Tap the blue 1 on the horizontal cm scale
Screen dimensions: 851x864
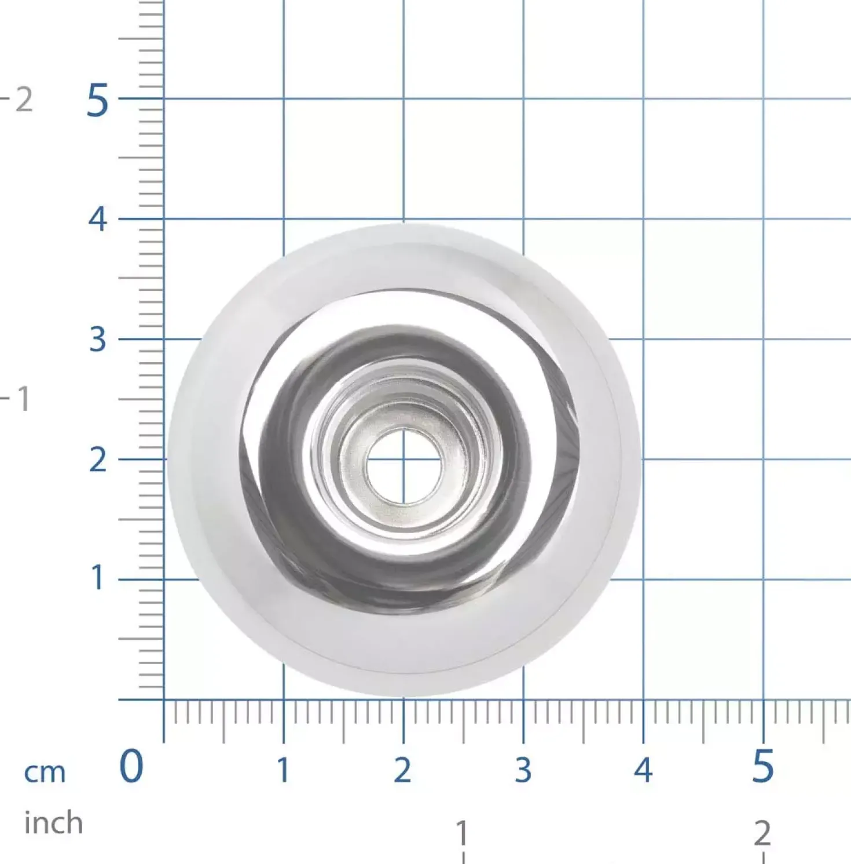pyautogui.click(x=283, y=770)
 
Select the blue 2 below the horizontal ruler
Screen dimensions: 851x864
pyautogui.click(x=402, y=770)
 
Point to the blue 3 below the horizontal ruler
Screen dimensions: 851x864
pyautogui.click(x=523, y=770)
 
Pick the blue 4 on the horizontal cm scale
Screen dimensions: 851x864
pyautogui.click(x=643, y=770)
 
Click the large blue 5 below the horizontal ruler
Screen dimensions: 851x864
pyautogui.click(x=763, y=766)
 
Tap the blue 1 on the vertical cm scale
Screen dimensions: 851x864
pyautogui.click(x=97, y=578)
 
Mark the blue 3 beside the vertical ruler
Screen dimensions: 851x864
pyautogui.click(x=98, y=340)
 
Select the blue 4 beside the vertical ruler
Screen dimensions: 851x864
pyautogui.click(x=98, y=220)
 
